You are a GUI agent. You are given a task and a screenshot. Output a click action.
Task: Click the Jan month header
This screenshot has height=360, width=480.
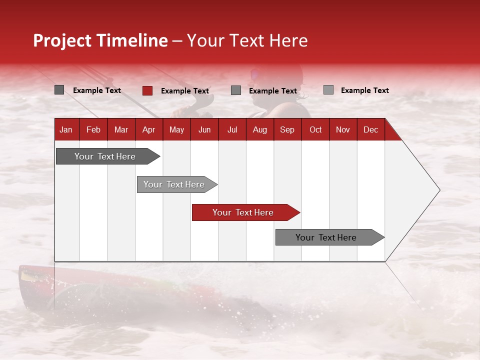tap(66, 129)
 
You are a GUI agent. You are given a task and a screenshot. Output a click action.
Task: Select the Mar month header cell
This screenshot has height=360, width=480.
tap(121, 129)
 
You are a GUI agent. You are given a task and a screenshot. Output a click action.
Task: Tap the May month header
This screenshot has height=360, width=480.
tap(176, 129)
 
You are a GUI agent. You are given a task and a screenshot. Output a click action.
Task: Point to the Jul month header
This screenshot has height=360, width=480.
tap(232, 129)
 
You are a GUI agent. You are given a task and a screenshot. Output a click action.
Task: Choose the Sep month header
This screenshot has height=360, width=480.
tap(287, 129)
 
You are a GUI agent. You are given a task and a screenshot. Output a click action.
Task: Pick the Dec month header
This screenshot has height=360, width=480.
tap(370, 129)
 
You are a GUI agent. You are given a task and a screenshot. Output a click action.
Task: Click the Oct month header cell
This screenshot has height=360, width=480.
tap(315, 129)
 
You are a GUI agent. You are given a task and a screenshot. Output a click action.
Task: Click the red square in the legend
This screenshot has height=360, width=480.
tap(147, 90)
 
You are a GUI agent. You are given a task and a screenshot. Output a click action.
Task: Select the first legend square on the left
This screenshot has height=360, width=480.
tap(59, 90)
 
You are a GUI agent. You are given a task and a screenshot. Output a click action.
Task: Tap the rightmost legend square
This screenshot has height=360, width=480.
tap(328, 90)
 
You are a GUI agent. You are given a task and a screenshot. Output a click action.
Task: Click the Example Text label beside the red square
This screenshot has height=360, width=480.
tap(185, 91)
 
